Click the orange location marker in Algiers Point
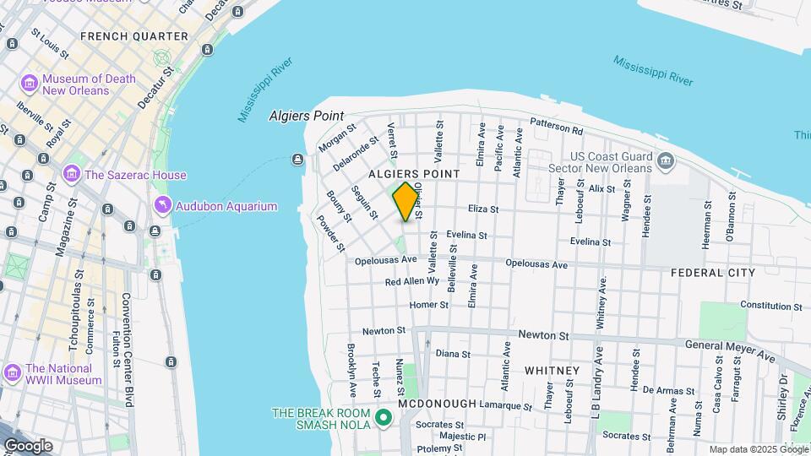(405, 201)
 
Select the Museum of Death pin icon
(30, 84)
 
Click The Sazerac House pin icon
(72, 176)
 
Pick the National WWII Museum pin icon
(13, 372)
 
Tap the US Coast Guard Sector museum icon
(665, 160)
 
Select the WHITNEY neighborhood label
(552, 371)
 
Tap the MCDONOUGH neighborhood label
(438, 404)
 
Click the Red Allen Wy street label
(412, 281)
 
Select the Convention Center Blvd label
(128, 350)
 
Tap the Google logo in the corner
(27, 445)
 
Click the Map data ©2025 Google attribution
(757, 449)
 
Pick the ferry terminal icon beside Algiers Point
(297, 160)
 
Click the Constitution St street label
(770, 305)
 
